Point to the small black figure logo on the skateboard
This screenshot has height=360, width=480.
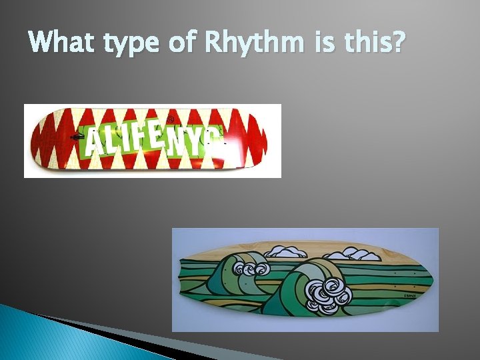[x=79, y=137]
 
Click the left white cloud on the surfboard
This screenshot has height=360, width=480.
[x=285, y=252]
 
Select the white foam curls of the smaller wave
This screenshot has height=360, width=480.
[x=253, y=270]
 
